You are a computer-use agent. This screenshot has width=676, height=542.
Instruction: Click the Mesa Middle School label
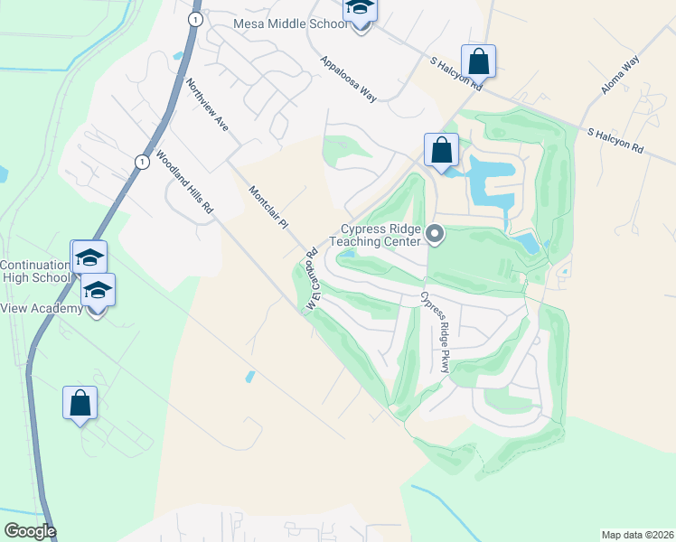click(290, 23)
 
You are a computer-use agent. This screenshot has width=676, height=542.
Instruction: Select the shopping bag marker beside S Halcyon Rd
click(478, 62)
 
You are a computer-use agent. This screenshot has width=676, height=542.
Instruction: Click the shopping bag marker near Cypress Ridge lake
click(441, 150)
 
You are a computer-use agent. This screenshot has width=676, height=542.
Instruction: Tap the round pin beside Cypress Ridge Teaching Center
click(435, 235)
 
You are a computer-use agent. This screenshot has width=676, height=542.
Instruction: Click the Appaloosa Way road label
click(348, 79)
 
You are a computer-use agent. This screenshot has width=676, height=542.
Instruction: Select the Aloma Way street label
click(620, 75)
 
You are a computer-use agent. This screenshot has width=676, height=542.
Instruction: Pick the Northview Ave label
click(207, 105)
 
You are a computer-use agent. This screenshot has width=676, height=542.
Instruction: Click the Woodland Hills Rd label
click(184, 182)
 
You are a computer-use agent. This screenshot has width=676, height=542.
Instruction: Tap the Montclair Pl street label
click(267, 205)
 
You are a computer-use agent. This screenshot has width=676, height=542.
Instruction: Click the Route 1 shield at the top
click(194, 18)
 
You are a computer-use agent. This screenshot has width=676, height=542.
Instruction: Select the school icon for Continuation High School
click(89, 257)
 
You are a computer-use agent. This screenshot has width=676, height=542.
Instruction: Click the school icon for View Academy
click(98, 291)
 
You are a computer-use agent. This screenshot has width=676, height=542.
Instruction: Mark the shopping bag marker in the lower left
click(80, 403)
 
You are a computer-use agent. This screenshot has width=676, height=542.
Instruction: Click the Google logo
click(30, 531)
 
